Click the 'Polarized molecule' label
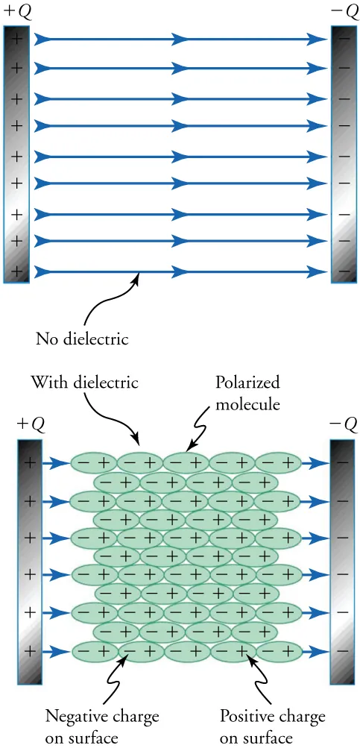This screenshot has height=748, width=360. pos(247,392)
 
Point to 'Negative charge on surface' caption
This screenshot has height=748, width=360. pos(102,726)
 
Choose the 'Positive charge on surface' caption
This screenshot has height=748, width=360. pos(273,726)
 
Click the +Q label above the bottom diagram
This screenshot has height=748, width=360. pos(31,424)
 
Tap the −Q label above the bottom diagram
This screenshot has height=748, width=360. pos(343,424)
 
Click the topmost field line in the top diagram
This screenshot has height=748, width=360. pos(179,40)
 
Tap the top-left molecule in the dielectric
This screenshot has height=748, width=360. pos(93,463)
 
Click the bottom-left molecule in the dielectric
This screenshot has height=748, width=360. pos(93,651)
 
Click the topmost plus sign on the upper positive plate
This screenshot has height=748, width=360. pos(16,40)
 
